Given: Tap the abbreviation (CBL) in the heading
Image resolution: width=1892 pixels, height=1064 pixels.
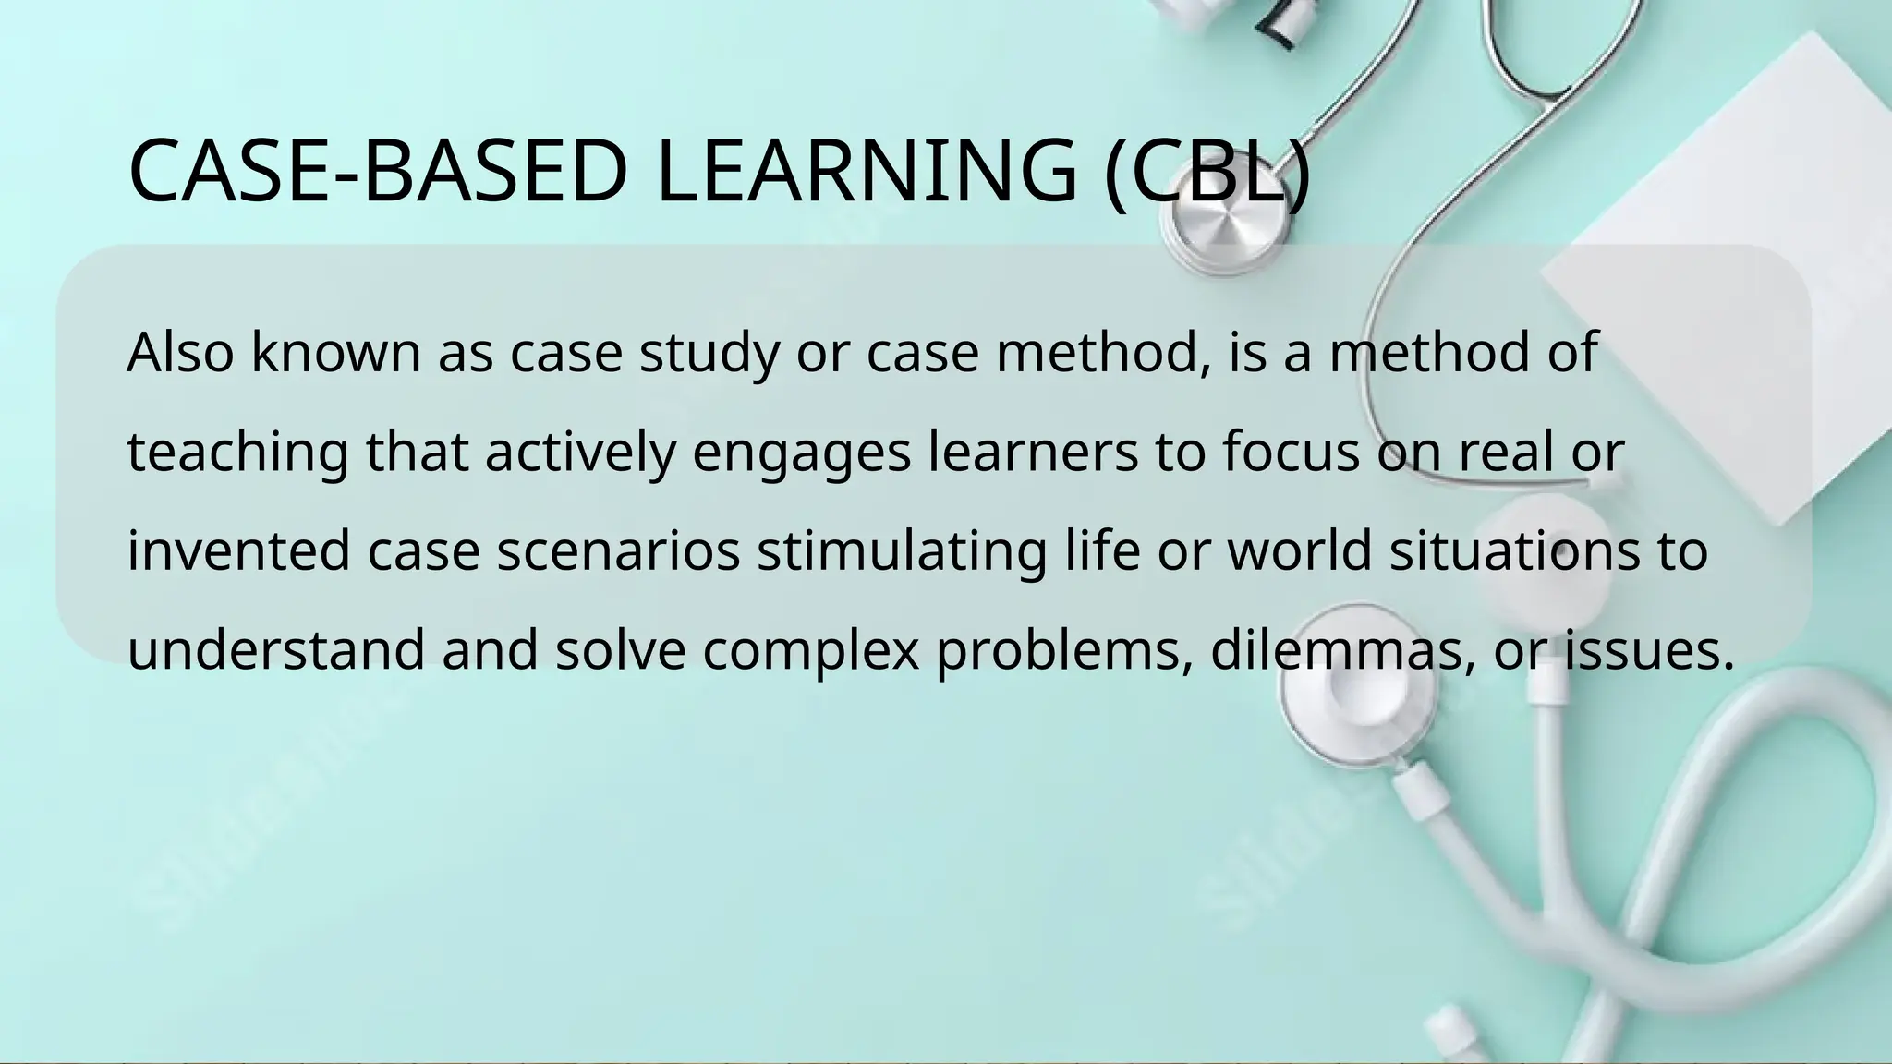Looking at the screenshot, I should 1207,172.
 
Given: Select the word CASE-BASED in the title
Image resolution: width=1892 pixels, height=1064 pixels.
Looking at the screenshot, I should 379,172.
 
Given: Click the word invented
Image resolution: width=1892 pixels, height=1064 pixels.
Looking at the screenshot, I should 238,551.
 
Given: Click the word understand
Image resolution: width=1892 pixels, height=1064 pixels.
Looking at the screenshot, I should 276,649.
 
